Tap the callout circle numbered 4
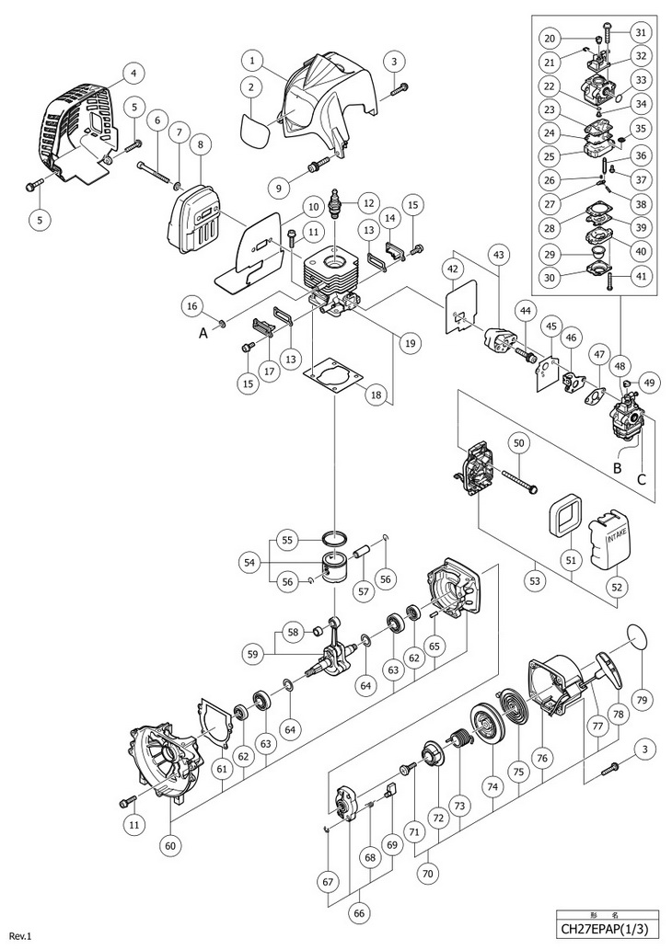[x=133, y=73]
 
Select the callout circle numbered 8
[x=200, y=144]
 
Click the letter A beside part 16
[x=203, y=331]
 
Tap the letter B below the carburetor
[x=618, y=468]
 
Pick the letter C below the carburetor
[x=642, y=478]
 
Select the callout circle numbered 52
[x=618, y=587]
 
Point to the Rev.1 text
[x=19, y=936]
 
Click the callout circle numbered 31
[x=641, y=31]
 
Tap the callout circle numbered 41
[x=642, y=276]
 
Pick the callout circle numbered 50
[x=518, y=443]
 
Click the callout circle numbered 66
[x=360, y=913]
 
